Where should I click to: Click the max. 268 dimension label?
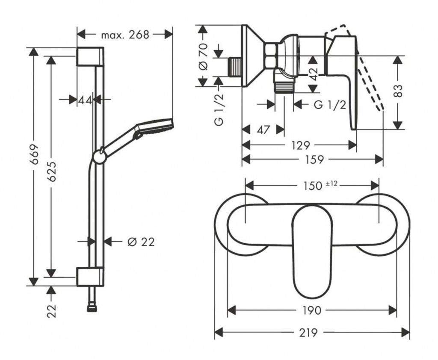(x=125, y=35)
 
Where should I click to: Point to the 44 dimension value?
(x=85, y=100)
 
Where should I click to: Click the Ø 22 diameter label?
(x=141, y=242)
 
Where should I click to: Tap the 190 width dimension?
(x=312, y=310)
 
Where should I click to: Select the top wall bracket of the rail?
(x=90, y=56)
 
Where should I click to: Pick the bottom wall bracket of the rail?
(x=89, y=277)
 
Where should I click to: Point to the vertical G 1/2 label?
(x=219, y=109)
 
